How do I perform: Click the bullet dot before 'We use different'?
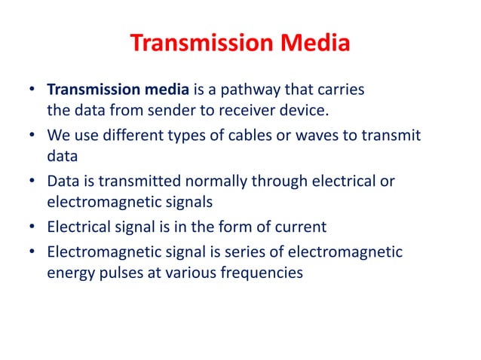tap(33, 136)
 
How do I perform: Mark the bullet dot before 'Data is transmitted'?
tap(33, 182)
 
